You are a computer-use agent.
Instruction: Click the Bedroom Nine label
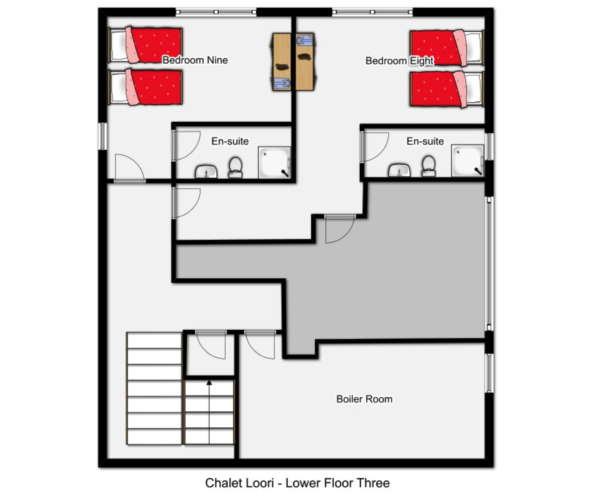coord(195,60)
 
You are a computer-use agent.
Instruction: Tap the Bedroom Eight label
coord(400,61)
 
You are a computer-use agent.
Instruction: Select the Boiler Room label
coord(364,399)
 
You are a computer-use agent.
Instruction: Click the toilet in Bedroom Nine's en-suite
coord(235,167)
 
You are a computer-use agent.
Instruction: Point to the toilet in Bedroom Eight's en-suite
coord(429,166)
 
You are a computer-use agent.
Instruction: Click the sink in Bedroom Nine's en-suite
coord(206,172)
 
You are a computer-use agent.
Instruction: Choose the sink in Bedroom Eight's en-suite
coord(400,170)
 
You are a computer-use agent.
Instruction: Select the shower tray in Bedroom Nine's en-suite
coord(275,162)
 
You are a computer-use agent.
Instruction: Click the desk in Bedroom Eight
coord(305,62)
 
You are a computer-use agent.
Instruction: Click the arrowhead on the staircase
coord(209,382)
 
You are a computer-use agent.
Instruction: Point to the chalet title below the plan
coord(297,483)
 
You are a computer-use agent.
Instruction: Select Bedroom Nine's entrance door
coord(130,168)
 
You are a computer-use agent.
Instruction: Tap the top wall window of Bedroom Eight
coord(372,12)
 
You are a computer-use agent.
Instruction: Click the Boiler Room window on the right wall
coord(489,373)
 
